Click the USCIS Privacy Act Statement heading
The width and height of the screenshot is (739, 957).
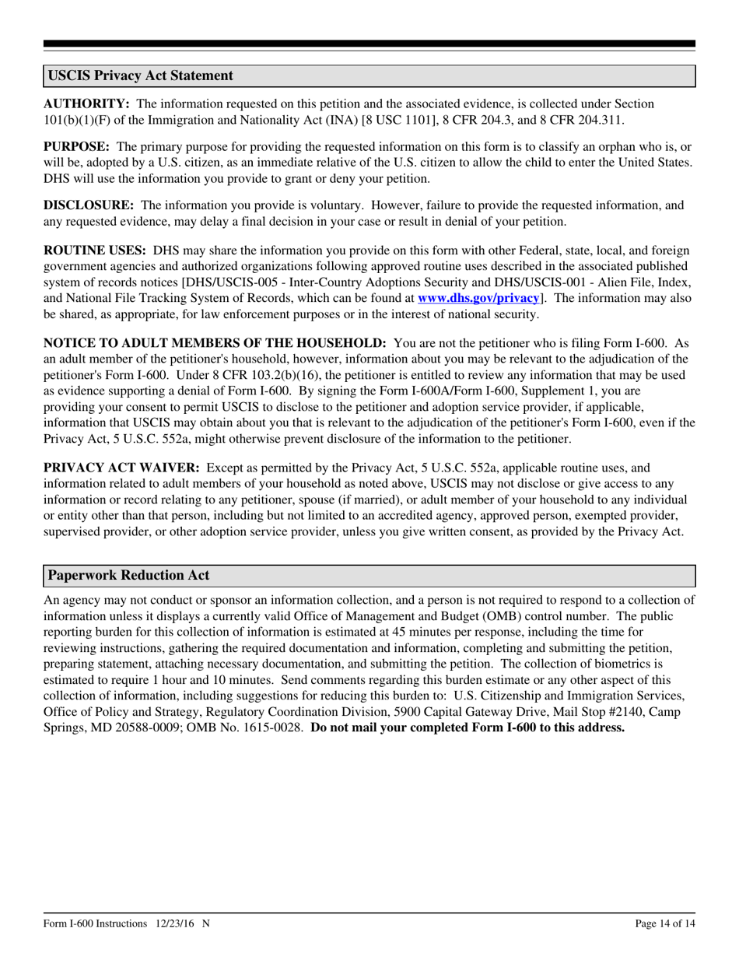click(x=141, y=75)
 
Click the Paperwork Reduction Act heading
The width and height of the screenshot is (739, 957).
click(x=129, y=576)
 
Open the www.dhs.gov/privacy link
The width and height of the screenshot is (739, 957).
click(x=478, y=298)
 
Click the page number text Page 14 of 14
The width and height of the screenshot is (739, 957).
click(x=665, y=924)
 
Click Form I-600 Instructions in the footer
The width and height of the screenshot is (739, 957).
click(x=96, y=924)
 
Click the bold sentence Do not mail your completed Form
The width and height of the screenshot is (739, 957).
click(x=467, y=728)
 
